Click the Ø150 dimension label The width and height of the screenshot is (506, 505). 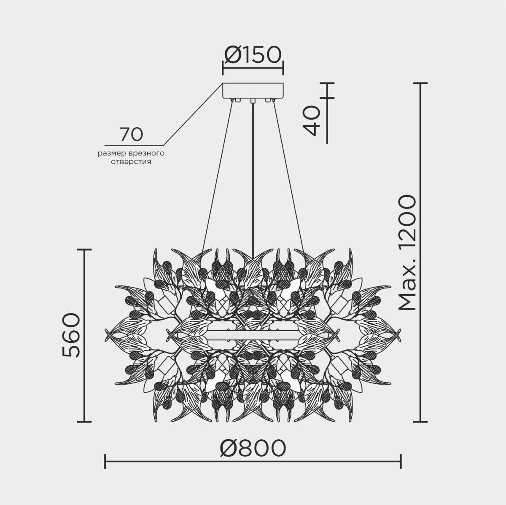pyautogui.click(x=253, y=54)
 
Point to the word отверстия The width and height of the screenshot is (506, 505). pyautogui.click(x=131, y=161)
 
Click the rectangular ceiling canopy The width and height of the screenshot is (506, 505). pyautogui.click(x=253, y=91)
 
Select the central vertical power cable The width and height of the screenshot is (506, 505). pyautogui.click(x=253, y=177)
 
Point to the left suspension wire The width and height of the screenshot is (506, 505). pyautogui.click(x=217, y=177)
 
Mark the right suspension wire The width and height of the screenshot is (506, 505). pyautogui.click(x=288, y=177)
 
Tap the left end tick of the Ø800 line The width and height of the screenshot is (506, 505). pyautogui.click(x=105, y=461)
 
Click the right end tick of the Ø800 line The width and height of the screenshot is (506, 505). pyautogui.click(x=401, y=461)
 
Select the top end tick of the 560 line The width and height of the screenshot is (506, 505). pyautogui.click(x=84, y=250)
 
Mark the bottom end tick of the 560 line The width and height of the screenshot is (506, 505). pyautogui.click(x=84, y=422)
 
